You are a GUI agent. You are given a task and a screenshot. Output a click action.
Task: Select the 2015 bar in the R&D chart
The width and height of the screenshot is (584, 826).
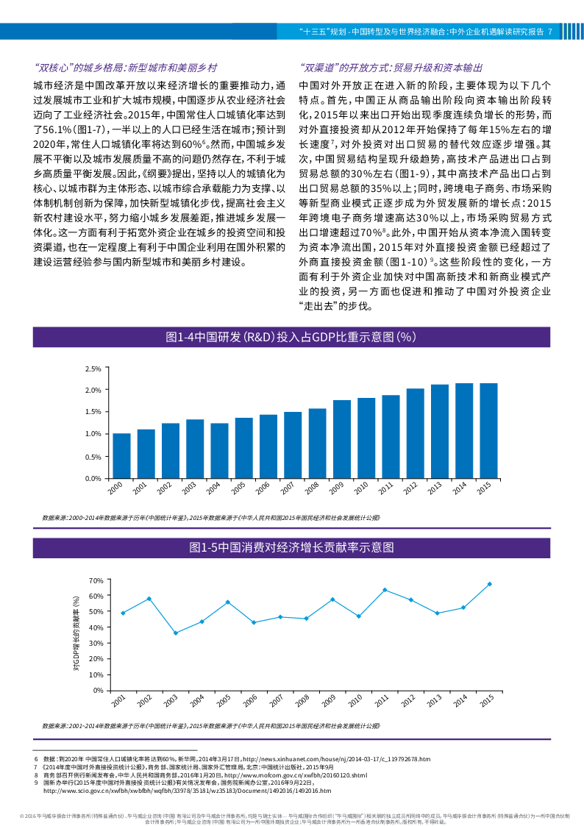tap(488, 430)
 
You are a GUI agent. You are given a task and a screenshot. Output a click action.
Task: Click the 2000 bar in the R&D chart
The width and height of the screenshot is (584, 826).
tap(122, 455)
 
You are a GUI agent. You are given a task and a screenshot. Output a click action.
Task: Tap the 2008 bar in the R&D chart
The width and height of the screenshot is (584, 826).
tap(318, 443)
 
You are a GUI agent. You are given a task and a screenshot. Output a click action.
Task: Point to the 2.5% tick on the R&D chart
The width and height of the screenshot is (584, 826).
tap(93, 368)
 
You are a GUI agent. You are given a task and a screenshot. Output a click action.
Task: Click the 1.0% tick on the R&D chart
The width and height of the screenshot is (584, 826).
tap(93, 434)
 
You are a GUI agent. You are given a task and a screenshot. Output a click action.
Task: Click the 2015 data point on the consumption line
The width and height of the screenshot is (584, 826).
tap(489, 584)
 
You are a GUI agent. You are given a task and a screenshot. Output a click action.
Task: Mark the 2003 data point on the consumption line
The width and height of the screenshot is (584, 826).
tap(175, 633)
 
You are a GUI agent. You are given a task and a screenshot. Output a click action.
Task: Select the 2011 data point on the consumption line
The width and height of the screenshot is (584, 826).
tap(385, 590)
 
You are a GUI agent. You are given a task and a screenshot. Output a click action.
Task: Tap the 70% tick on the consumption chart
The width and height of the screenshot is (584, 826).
tap(95, 580)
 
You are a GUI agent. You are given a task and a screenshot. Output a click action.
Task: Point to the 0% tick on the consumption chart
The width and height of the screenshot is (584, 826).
tap(97, 690)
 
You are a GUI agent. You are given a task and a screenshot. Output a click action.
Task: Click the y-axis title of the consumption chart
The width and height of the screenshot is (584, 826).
tap(76, 635)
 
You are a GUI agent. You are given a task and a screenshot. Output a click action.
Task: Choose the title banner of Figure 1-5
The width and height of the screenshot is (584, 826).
tap(292, 548)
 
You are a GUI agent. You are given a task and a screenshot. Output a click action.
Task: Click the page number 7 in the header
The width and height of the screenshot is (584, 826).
tap(549, 32)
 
